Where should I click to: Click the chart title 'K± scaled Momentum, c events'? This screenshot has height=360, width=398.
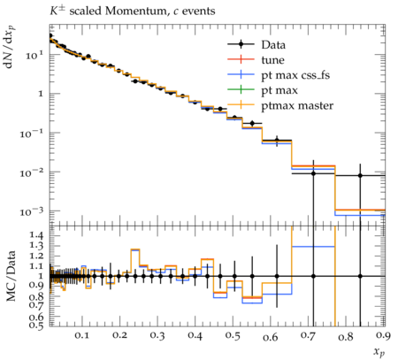pos(132,11)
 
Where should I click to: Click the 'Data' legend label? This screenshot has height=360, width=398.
pos(273,45)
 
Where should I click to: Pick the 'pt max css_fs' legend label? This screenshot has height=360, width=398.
pos(295,75)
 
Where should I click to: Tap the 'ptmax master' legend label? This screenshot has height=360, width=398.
pos(297,105)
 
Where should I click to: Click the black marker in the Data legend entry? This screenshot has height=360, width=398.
pos(241,44)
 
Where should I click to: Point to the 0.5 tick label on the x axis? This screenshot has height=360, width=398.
pos(233,335)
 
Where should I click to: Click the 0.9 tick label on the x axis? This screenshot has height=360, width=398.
pos(383,335)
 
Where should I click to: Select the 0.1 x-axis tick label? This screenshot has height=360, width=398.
pos(82,335)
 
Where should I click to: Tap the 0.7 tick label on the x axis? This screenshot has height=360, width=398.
pos(309,335)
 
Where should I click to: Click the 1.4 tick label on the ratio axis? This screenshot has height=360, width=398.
pos(36,235)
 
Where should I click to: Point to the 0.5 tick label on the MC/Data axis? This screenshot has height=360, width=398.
pos(36,325)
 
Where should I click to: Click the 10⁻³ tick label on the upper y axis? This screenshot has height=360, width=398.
pos(32,211)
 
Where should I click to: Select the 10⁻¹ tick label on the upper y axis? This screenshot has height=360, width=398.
pos(32,134)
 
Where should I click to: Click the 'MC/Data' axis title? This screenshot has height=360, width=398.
pos(11,276)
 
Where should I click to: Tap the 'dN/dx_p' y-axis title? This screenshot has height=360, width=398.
pos(11,47)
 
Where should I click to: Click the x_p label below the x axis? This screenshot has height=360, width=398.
pos(379,352)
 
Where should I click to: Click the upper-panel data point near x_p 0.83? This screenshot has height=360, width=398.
pos(360,175)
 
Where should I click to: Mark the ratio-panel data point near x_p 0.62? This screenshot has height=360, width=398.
pos(277,276)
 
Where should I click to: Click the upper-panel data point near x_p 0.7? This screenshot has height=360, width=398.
pos(313,173)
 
